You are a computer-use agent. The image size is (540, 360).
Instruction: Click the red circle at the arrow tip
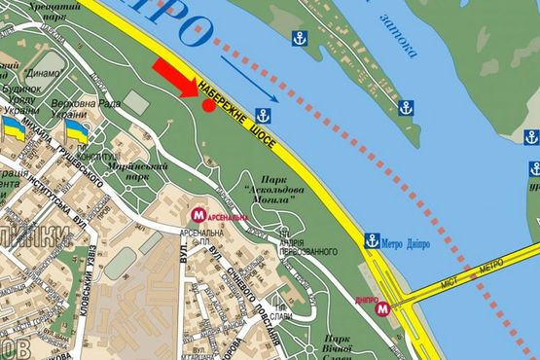(209, 105)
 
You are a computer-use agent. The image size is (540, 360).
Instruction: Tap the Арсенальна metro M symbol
(198, 214)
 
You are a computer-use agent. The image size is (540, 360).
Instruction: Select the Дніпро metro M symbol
(384, 308)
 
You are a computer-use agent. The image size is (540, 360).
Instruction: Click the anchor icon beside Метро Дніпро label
(372, 240)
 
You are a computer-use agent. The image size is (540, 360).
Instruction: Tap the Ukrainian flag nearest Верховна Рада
(76, 131)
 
